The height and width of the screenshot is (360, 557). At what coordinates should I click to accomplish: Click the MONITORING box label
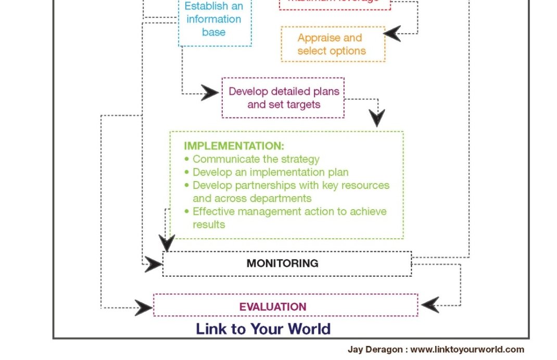tap(282, 263)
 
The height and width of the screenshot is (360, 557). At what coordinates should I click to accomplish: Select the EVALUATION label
tap(272, 306)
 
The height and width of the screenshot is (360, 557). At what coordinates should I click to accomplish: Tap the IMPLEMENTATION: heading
tap(234, 146)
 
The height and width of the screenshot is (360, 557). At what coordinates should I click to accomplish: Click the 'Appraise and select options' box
tap(332, 44)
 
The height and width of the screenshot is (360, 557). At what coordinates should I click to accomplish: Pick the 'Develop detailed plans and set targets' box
tap(284, 98)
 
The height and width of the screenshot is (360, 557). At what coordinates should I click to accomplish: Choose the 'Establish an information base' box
tap(214, 20)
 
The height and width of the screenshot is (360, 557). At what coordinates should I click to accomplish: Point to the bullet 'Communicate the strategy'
tap(256, 159)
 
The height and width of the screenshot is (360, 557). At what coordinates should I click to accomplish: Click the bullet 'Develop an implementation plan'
tap(270, 172)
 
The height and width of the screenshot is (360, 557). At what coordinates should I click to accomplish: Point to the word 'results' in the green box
tap(209, 224)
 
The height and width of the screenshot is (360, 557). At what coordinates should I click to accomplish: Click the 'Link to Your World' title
tap(263, 329)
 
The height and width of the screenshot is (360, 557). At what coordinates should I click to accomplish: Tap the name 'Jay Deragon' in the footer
tap(375, 350)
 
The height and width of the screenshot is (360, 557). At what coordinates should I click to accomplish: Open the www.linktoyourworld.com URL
tap(467, 350)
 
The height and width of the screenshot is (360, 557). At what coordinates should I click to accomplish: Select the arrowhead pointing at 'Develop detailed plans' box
tap(210, 93)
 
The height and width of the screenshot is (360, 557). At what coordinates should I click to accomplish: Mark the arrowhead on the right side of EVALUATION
tap(430, 305)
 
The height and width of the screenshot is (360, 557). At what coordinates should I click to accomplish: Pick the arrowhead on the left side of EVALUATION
tap(143, 307)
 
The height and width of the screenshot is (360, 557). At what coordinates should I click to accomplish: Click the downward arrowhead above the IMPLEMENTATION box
tap(377, 118)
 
